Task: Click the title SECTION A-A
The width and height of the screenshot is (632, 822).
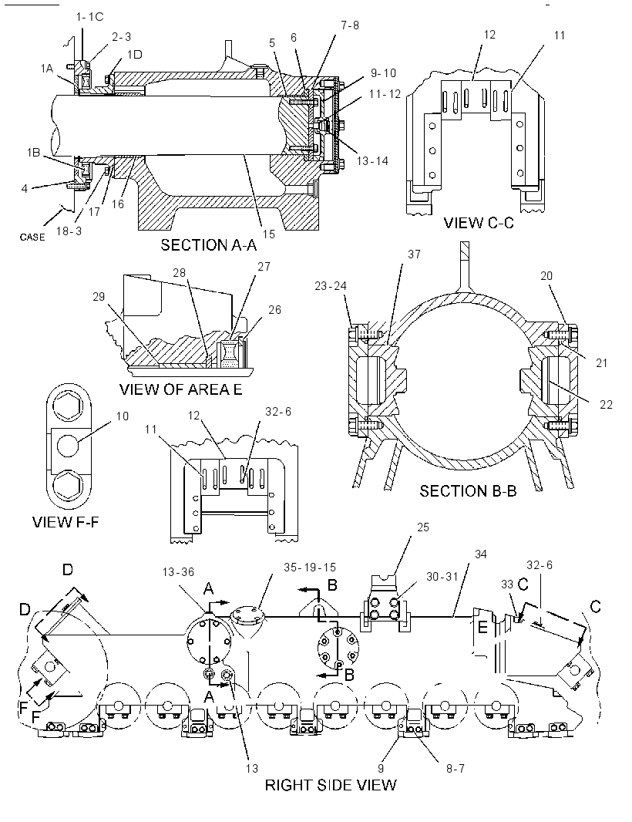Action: pos(207,244)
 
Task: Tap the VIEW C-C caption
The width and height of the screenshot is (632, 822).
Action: pos(479,223)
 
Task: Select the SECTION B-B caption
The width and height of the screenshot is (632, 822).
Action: pos(468,491)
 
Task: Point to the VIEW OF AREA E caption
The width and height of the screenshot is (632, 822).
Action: pos(181,389)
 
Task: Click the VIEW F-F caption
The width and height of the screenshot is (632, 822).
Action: pos(66,522)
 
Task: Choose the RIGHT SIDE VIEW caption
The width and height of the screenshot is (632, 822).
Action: pos(331,785)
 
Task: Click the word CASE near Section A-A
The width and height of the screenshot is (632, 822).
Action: pos(32,238)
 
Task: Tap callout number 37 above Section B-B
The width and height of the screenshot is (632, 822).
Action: pos(414,254)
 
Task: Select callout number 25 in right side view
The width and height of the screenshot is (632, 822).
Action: pos(423,527)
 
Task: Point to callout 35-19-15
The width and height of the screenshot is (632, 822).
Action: pos(310,568)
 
